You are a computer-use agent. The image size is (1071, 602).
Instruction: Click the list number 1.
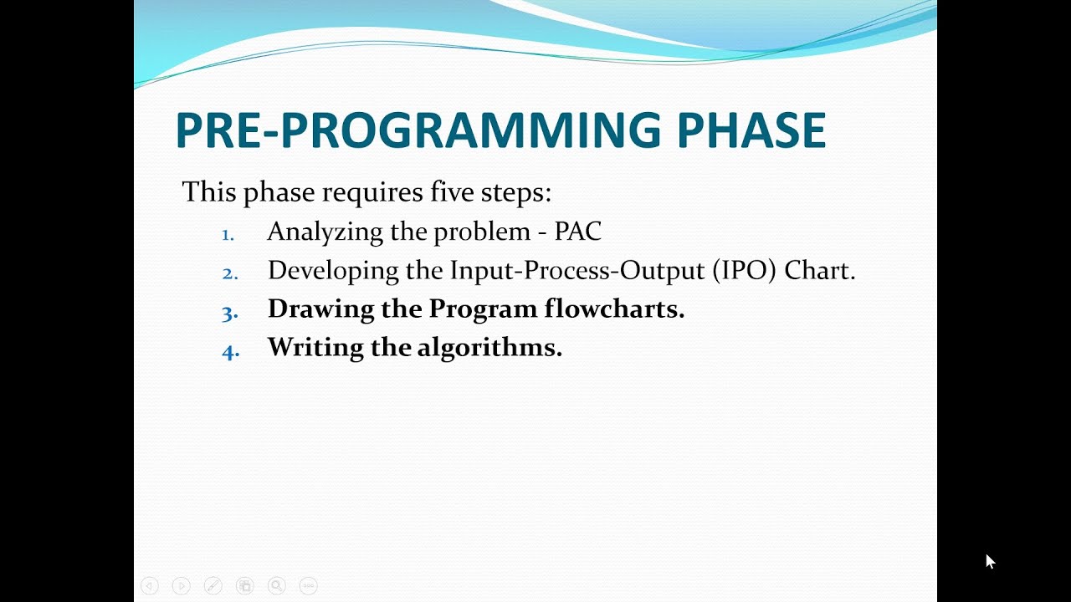pos(228,235)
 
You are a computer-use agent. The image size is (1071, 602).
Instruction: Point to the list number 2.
pos(229,273)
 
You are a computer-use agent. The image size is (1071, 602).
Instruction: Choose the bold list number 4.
pos(230,352)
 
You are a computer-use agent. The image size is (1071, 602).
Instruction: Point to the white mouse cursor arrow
pos(989,560)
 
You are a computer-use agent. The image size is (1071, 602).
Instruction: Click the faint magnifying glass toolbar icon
pos(277,586)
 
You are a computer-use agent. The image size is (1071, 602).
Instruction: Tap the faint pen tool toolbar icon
pos(213,586)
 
